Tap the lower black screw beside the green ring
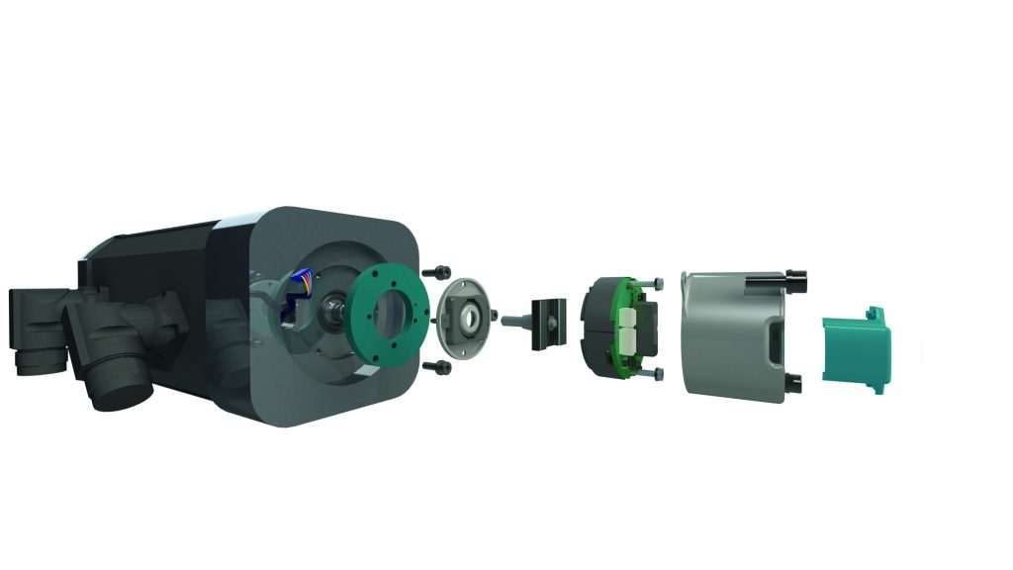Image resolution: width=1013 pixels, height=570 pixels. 435,367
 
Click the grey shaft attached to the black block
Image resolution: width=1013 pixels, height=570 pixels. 516,321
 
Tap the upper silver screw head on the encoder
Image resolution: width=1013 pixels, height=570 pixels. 658,285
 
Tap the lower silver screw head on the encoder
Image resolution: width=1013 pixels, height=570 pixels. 657,374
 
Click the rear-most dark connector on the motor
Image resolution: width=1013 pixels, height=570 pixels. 36,322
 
